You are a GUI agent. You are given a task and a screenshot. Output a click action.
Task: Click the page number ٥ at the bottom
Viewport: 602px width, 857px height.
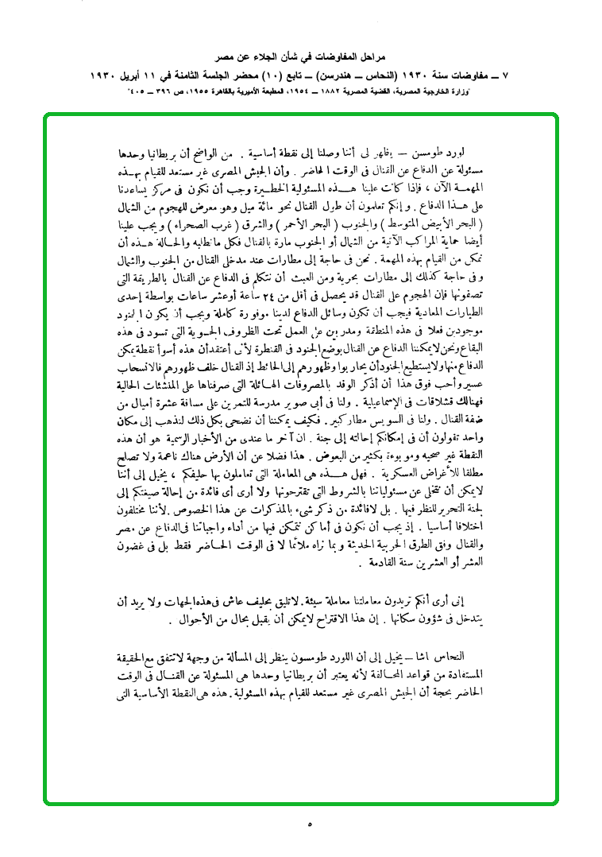click(309, 825)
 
